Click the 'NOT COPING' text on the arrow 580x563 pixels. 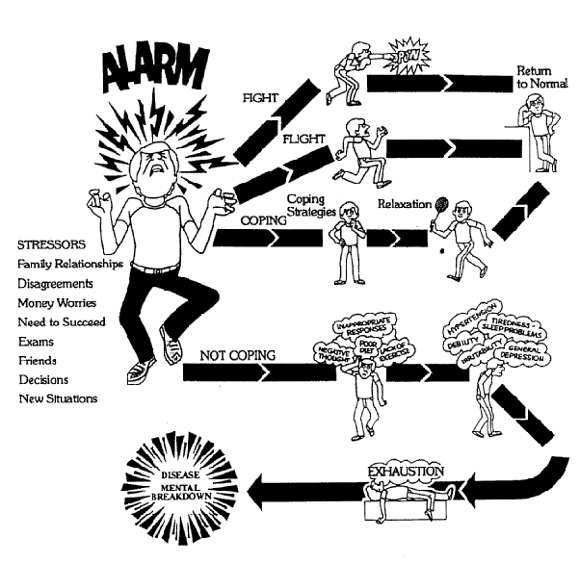point(237,355)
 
